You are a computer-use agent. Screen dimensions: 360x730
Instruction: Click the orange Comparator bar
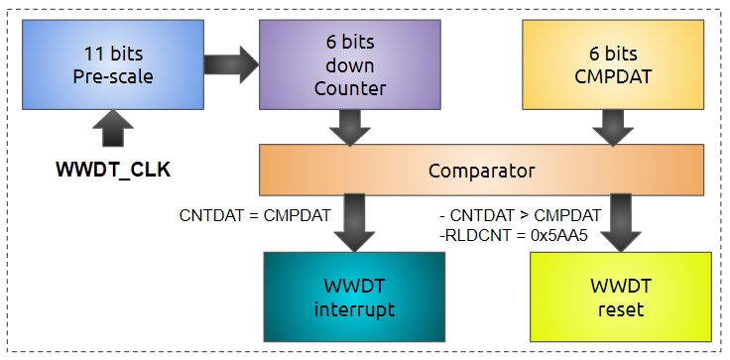coord(481,170)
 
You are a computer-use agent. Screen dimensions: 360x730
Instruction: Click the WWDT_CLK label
coord(112,169)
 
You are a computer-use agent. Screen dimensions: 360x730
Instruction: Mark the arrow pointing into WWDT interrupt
coord(353,223)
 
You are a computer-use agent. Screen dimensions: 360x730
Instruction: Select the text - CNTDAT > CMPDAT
coord(519,215)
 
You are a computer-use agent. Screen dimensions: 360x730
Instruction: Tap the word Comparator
coord(481,170)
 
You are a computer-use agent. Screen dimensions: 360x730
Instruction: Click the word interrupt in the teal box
coord(354,309)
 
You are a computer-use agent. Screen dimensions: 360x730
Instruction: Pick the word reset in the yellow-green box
coord(620,309)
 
